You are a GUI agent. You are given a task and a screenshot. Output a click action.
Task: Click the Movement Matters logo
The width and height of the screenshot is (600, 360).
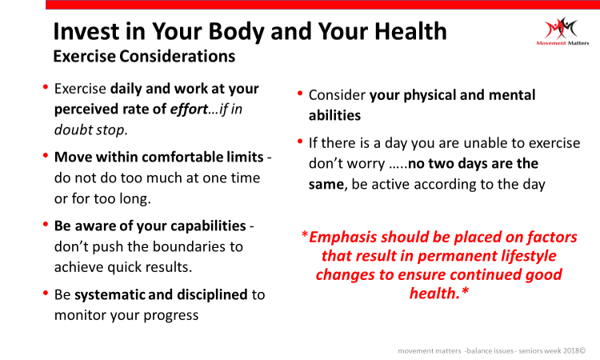tap(562, 31)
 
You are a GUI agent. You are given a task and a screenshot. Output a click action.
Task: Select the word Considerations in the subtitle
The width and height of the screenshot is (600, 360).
tap(177, 56)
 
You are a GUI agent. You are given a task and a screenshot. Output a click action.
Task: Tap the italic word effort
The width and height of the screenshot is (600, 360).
tap(189, 109)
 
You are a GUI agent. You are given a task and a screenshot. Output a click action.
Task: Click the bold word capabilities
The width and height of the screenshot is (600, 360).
tap(208, 226)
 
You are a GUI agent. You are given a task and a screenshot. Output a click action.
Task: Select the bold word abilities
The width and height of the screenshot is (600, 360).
tap(334, 115)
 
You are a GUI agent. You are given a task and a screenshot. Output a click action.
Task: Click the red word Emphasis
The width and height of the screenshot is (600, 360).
tap(344, 238)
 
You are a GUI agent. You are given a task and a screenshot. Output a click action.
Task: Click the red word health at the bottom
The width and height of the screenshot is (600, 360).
tap(434, 293)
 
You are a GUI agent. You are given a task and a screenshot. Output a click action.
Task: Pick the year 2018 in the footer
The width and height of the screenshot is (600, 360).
tap(571, 350)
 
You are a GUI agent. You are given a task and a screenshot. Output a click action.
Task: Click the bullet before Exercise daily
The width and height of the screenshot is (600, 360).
tap(46, 87)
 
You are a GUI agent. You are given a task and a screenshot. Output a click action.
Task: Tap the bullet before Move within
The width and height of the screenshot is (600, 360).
tap(46, 155)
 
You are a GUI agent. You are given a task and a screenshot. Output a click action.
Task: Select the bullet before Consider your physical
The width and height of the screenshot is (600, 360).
tap(300, 94)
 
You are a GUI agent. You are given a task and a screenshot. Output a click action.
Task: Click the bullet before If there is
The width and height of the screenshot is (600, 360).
tap(300, 142)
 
